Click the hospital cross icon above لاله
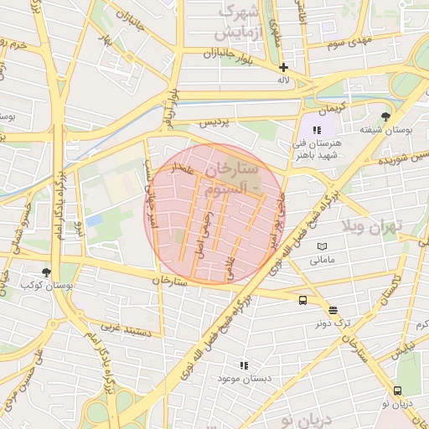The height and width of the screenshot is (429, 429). point(283,67)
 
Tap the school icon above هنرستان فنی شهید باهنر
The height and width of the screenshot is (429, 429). point(317,130)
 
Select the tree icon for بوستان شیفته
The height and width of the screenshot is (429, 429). point(385,117)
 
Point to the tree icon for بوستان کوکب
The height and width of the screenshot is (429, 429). point(46,272)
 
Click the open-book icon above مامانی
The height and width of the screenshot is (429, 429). point(323,246)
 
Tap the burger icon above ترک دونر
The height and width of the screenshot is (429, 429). point(333,309)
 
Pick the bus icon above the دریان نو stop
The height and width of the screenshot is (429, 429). point(397,390)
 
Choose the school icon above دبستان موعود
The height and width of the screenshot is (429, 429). point(244,365)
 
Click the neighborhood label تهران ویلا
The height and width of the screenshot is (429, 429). point(372,225)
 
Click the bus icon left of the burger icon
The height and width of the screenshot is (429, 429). point(302,300)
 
